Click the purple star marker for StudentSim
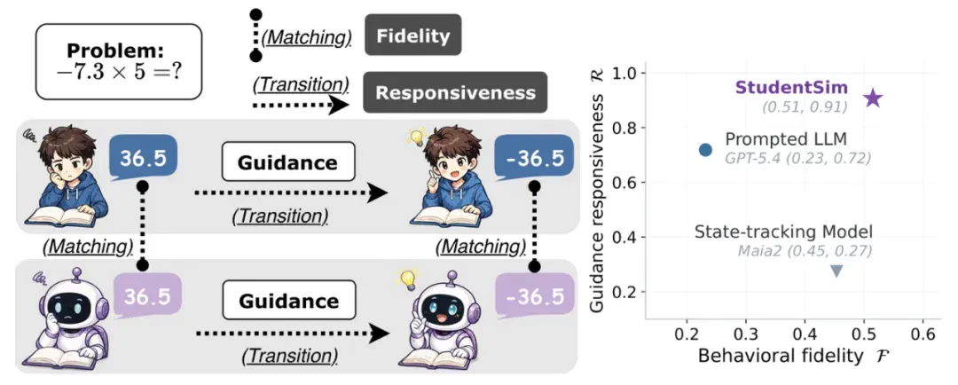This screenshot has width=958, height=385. pyautogui.click(x=873, y=98)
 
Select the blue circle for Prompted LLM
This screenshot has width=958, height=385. pyautogui.click(x=705, y=150)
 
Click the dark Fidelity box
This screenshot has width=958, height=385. pyautogui.click(x=413, y=35)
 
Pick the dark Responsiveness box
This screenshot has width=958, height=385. pyautogui.click(x=455, y=92)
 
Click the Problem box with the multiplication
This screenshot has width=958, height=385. pyautogui.click(x=119, y=62)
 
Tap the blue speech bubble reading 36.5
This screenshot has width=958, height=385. pyautogui.click(x=144, y=159)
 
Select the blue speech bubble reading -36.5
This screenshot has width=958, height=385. pyautogui.click(x=534, y=159)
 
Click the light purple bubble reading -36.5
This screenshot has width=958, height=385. pyautogui.click(x=534, y=296)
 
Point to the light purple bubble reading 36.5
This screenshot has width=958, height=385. pyautogui.click(x=145, y=296)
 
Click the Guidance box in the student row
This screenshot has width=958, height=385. pyautogui.click(x=287, y=162)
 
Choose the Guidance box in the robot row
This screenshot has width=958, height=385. pyautogui.click(x=288, y=301)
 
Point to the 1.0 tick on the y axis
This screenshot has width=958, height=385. pyautogui.click(x=624, y=74)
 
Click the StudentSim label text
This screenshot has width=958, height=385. pyautogui.click(x=791, y=88)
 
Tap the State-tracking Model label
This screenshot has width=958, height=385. pyautogui.click(x=783, y=232)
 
